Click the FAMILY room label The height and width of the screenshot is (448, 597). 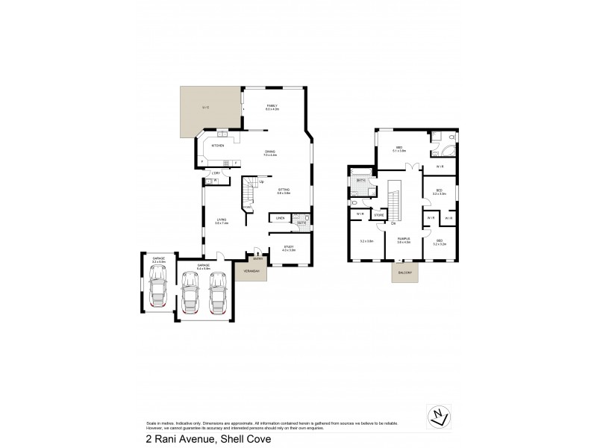coord(272,107)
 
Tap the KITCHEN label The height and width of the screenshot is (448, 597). coord(218,146)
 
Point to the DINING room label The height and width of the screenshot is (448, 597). coord(269,152)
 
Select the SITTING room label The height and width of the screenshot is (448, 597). coord(284,190)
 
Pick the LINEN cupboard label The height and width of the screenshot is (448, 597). coord(279,218)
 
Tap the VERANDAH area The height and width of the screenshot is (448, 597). coord(249,272)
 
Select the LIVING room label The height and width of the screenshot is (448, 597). coord(221,220)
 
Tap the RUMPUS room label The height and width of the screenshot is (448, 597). coord(404,240)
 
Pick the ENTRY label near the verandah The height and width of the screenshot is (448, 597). coord(257,259)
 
